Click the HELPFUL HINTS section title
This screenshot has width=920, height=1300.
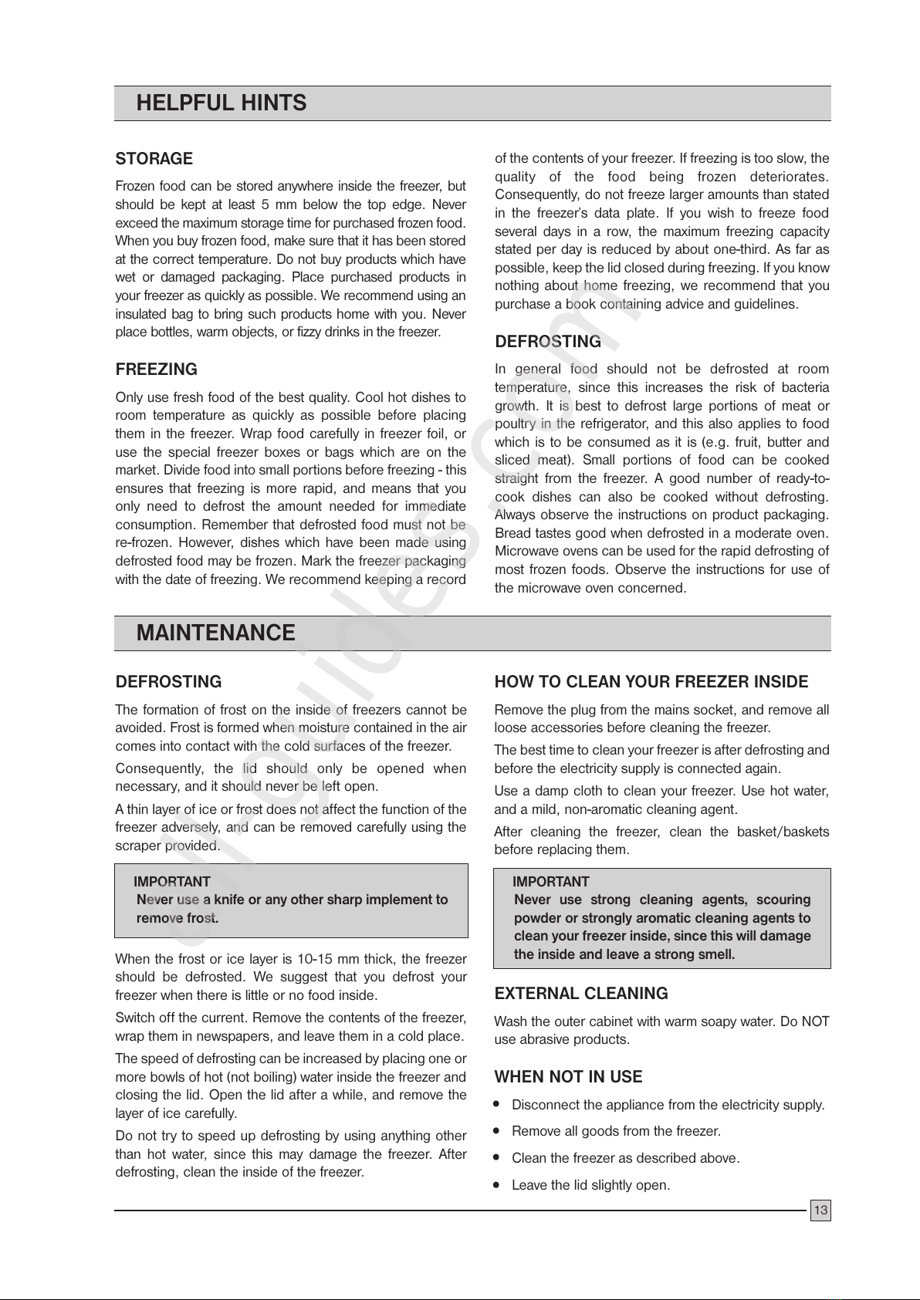(221, 103)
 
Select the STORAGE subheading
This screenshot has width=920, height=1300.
(154, 159)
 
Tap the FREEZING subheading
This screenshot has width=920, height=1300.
(156, 370)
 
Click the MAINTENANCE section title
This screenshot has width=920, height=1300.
(215, 633)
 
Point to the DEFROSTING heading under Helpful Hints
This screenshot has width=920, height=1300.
(547, 342)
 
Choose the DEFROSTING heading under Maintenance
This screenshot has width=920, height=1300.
(168, 682)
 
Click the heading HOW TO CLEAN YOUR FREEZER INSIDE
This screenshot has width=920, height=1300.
(651, 682)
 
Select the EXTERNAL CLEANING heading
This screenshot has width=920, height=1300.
(581, 994)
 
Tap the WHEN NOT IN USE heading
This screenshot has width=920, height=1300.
(568, 1077)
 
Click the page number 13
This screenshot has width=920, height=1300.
(820, 1211)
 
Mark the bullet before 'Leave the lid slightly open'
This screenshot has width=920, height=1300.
(499, 1184)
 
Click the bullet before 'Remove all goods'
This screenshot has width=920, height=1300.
(499, 1131)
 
